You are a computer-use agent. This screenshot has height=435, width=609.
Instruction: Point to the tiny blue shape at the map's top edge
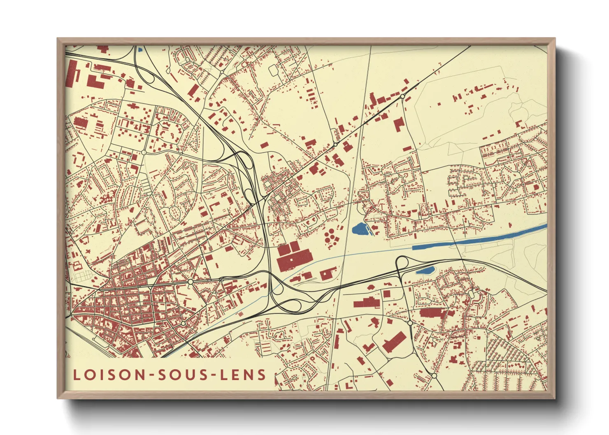click(140, 50)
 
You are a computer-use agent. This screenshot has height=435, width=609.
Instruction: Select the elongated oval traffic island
click(176, 212)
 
